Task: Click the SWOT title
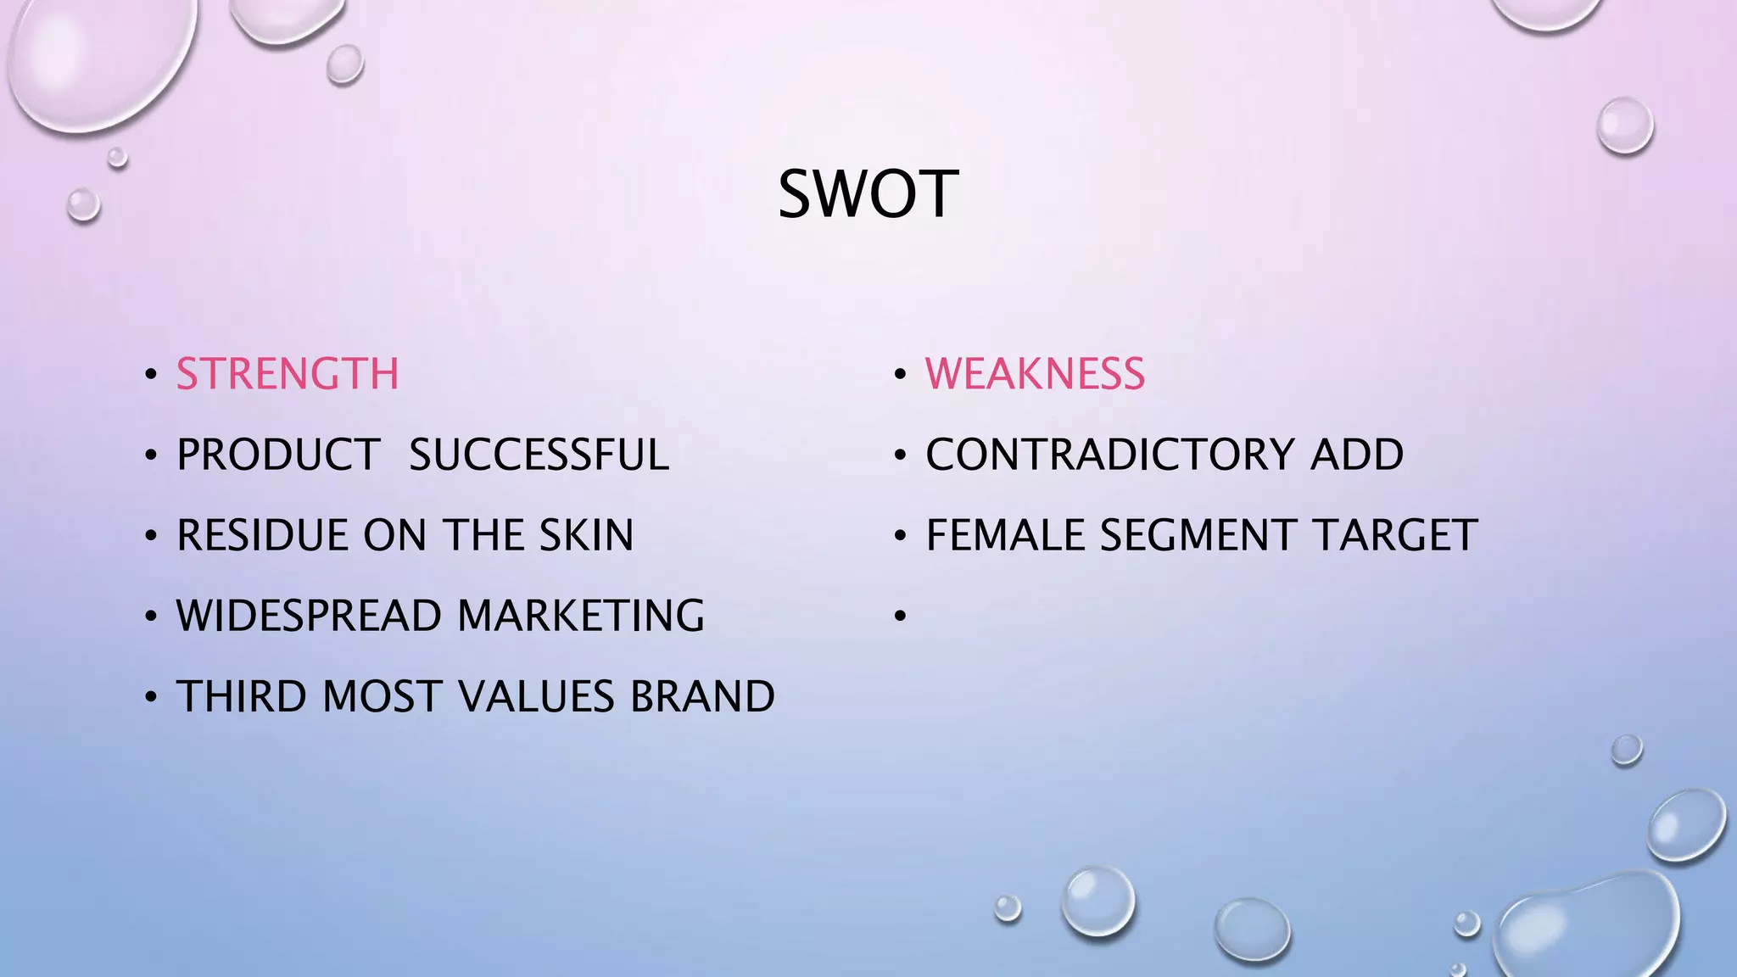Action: tap(868, 194)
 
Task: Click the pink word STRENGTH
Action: tap(288, 374)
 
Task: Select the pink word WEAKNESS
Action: tap(1035, 374)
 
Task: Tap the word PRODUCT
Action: tap(278, 455)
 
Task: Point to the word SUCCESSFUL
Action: tap(539, 455)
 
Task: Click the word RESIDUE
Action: tap(262, 535)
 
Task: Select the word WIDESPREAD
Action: tap(310, 616)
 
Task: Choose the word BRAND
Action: tap(702, 696)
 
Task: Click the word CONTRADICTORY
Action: tap(1108, 455)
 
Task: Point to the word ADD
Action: tap(1357, 455)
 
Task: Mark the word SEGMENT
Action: tap(1198, 535)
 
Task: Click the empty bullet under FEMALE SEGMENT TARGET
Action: tap(900, 617)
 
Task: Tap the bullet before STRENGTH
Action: tap(151, 375)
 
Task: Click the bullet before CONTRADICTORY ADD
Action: tap(900, 455)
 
